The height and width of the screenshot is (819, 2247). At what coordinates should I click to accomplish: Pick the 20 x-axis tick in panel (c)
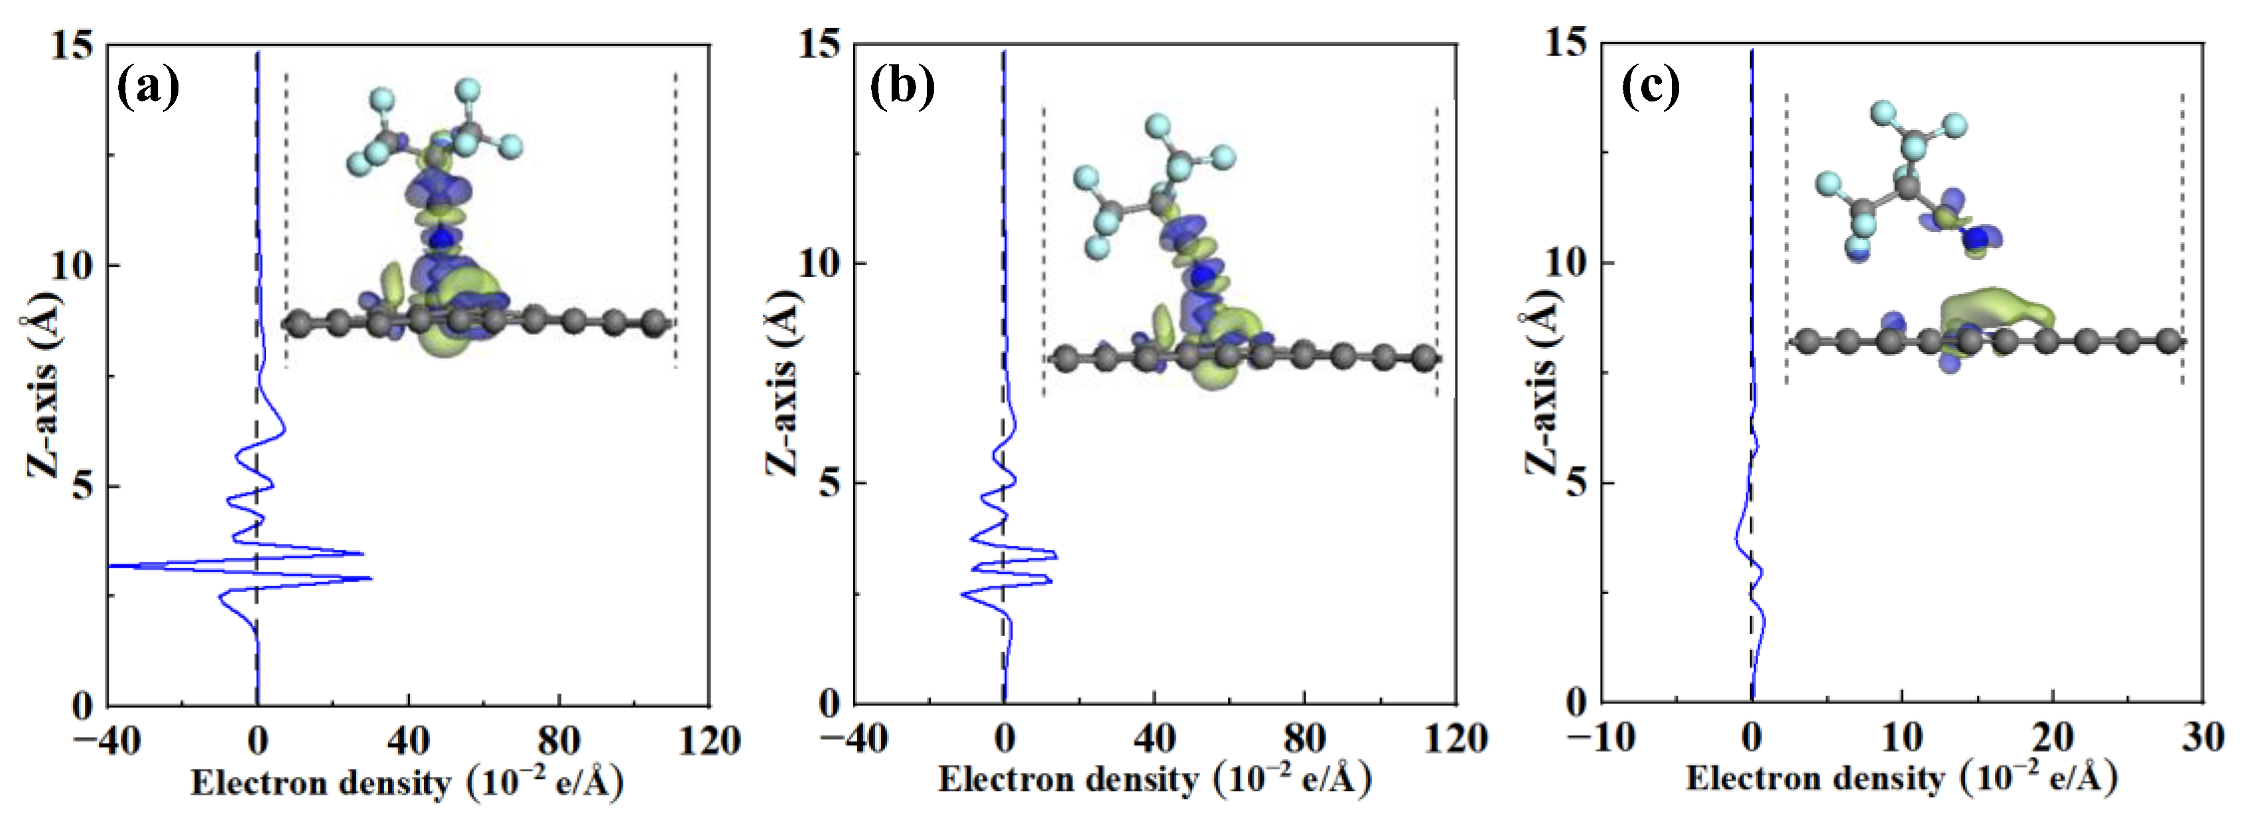coord(2053,739)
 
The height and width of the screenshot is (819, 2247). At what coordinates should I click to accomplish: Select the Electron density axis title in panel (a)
coord(407,783)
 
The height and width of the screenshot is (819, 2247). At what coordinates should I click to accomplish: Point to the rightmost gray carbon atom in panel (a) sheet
coord(653,324)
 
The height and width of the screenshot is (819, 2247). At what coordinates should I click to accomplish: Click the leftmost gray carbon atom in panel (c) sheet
coord(1807,340)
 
